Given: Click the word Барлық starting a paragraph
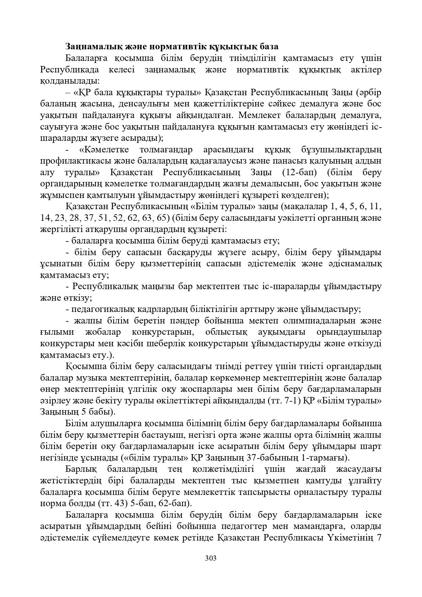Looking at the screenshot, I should click(81, 469).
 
